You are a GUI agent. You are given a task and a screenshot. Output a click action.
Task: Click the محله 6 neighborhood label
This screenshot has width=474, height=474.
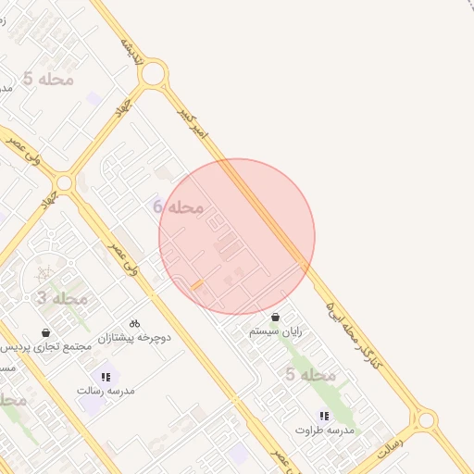tap(179, 206)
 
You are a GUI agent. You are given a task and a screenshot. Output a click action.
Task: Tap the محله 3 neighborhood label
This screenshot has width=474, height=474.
tap(62, 298)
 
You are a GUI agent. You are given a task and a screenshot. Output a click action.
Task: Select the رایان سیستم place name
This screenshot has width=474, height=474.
tap(276, 331)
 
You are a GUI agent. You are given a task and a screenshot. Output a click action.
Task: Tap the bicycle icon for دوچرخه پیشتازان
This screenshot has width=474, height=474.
tap(134, 323)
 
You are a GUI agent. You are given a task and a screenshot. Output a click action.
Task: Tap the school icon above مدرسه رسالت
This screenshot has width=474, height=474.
tap(106, 377)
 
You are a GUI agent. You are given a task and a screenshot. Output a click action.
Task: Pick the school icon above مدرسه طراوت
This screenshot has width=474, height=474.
tap(324, 416)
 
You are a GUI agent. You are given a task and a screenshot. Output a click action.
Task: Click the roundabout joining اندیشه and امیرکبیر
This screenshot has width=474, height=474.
tap(154, 73)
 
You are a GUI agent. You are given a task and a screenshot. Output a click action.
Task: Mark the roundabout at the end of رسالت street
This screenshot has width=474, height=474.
tap(425, 420)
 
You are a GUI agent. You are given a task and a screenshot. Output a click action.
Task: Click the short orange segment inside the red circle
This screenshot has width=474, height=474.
tap(196, 285)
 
